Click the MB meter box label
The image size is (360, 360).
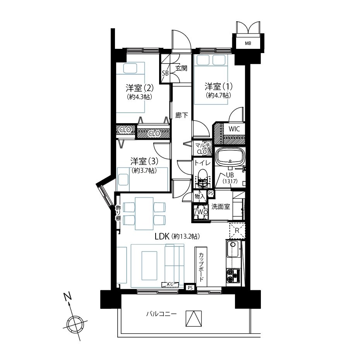tap(248, 43)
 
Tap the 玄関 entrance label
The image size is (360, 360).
tap(182, 68)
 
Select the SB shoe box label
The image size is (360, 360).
tap(165, 73)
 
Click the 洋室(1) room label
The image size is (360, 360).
tap(218, 87)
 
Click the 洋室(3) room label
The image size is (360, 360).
tap(144, 161)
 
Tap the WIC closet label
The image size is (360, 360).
tap(234, 129)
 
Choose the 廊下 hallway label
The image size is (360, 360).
tap(182, 115)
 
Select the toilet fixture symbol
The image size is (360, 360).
tap(202, 177)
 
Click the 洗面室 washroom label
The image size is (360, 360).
tap(220, 207)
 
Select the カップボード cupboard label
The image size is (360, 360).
tap(201, 267)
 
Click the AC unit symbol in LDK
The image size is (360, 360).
tap(170, 284)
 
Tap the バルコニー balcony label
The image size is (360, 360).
tap(162, 314)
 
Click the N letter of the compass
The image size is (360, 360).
tap(68, 297)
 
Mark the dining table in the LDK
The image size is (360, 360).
tap(144, 214)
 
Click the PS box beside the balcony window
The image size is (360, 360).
tap(190, 288)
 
